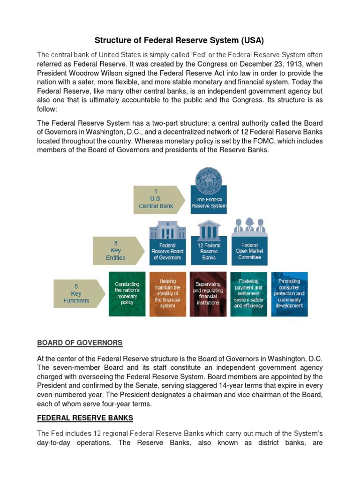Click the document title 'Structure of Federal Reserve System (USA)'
(180, 40)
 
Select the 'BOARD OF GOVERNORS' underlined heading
(80, 343)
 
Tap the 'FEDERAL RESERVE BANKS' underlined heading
(85, 418)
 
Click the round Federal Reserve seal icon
(209, 177)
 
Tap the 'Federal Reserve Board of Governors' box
(167, 251)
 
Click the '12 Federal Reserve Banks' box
(209, 251)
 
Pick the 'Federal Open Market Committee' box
(249, 251)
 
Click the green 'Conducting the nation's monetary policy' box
(127, 293)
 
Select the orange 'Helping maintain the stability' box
(167, 294)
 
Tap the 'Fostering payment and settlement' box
(249, 294)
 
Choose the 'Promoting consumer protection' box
(289, 294)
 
